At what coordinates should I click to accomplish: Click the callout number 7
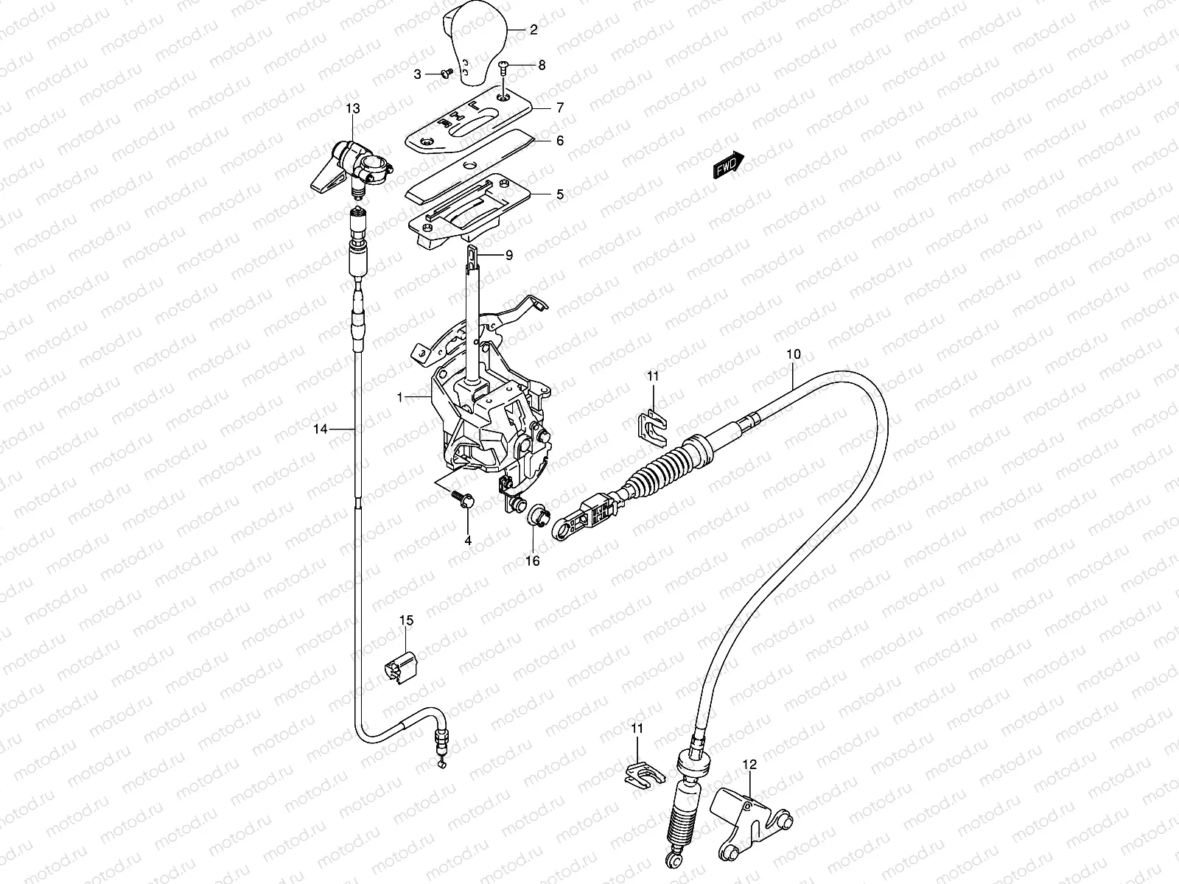coord(560,108)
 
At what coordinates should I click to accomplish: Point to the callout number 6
coord(560,140)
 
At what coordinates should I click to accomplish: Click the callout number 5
coord(560,194)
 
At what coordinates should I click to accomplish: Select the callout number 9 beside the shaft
coord(508,255)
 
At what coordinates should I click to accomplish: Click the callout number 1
coord(399,397)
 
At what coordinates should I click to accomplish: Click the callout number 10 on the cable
coord(793,354)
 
